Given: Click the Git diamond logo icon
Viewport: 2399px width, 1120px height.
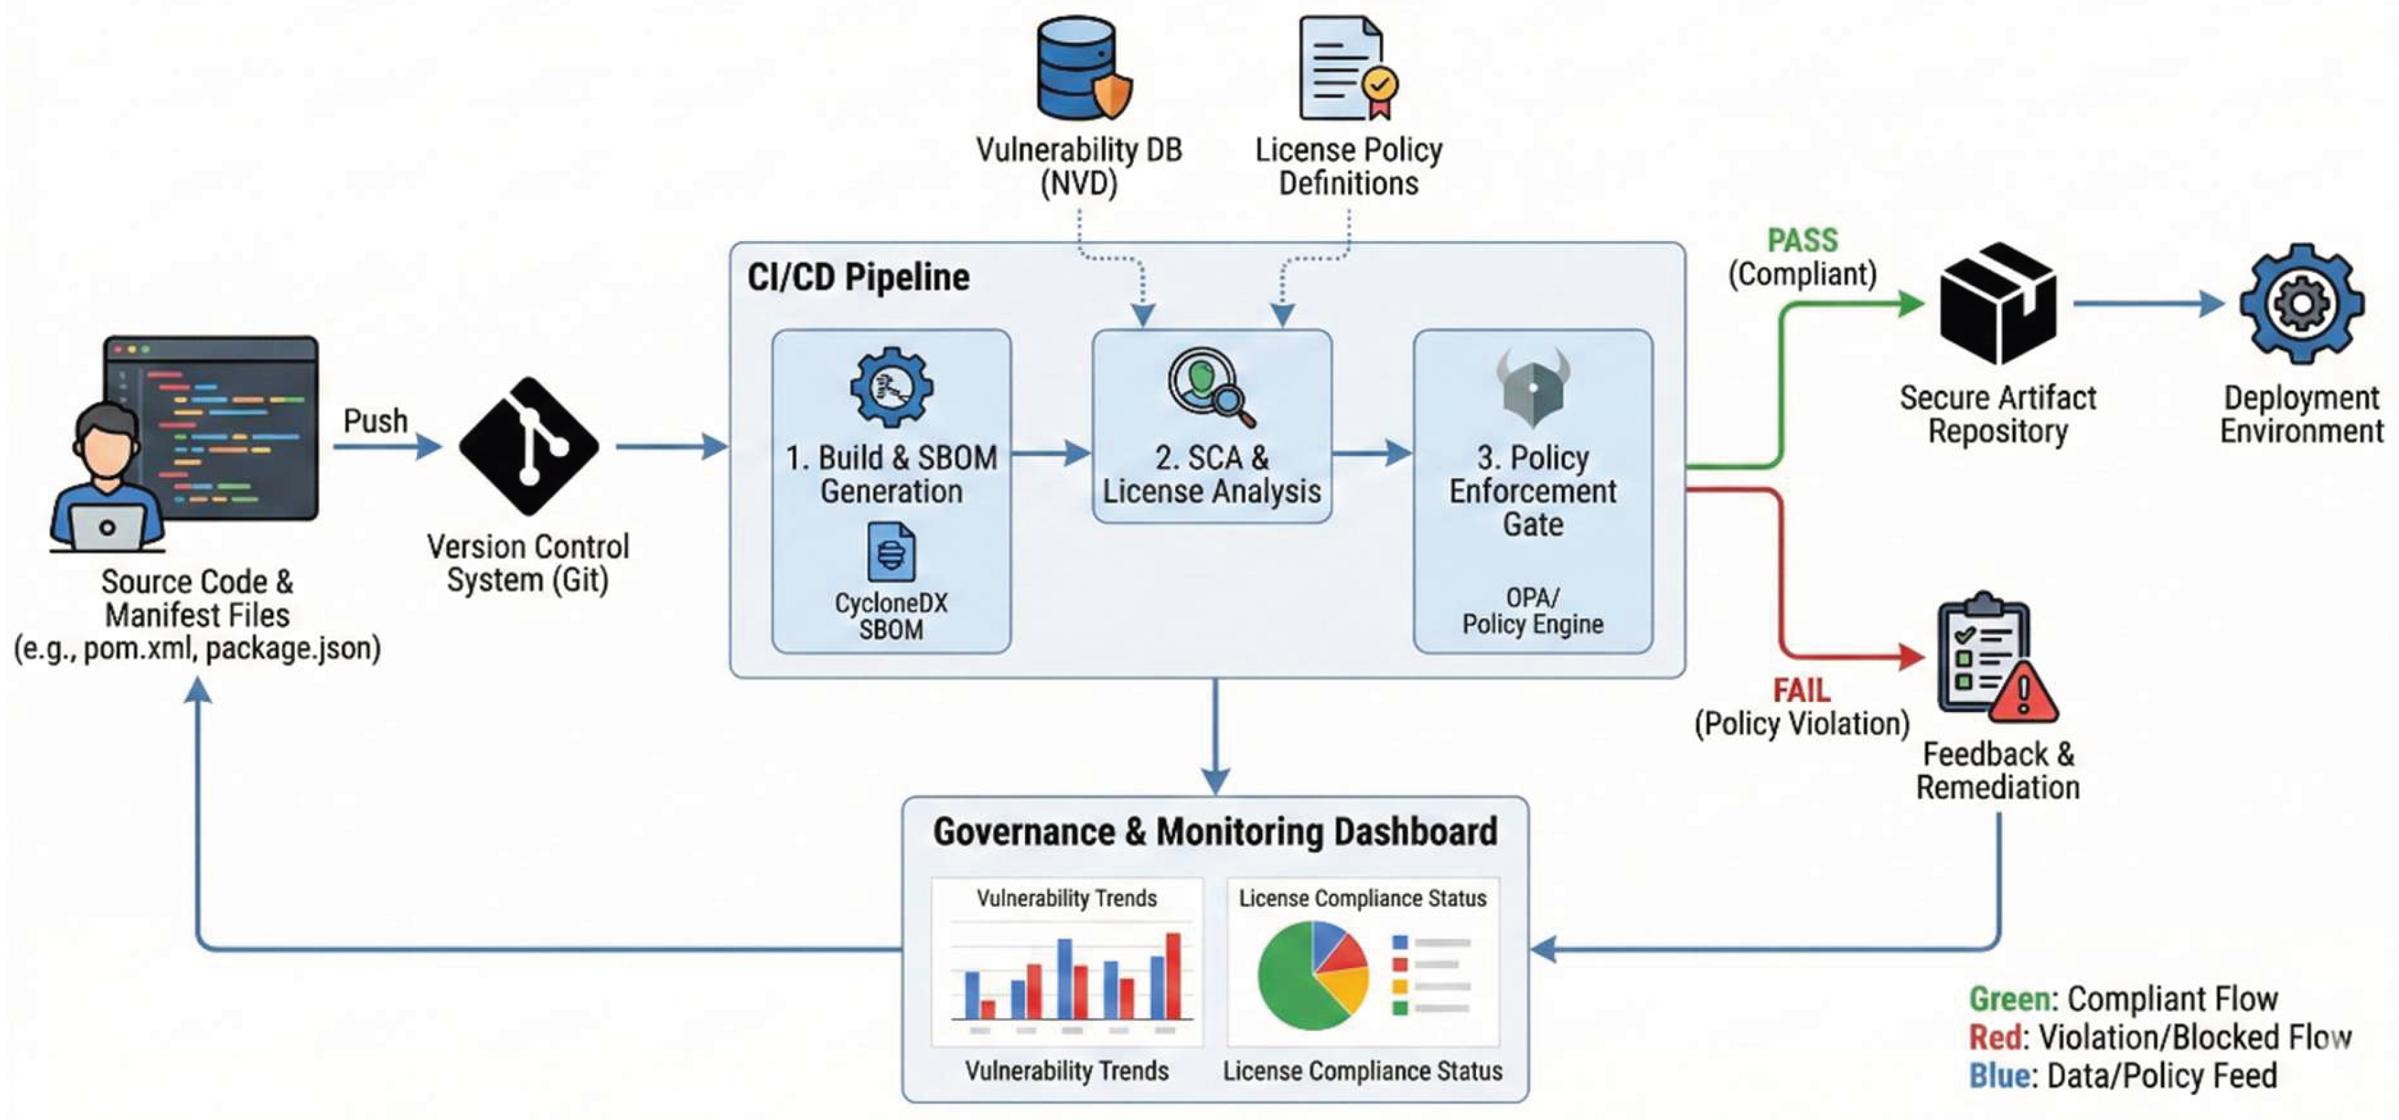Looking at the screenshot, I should click(x=529, y=445).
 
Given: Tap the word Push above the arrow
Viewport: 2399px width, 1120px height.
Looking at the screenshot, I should click(x=375, y=421).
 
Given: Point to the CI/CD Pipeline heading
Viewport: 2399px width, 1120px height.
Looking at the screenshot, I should click(x=858, y=277).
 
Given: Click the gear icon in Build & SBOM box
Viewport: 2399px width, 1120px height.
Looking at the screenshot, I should click(x=891, y=386).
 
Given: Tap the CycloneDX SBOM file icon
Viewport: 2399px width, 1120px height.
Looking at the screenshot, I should click(x=891, y=552).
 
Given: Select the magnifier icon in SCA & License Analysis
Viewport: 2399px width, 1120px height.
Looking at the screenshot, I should click(x=1210, y=386).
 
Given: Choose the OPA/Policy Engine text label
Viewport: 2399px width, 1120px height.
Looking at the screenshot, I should click(x=1533, y=611).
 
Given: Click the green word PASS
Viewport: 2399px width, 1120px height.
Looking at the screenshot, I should click(x=1802, y=240).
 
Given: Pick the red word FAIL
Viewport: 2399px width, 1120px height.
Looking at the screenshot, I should click(x=1801, y=690).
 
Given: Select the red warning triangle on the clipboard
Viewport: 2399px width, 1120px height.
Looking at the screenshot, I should click(x=2023, y=694).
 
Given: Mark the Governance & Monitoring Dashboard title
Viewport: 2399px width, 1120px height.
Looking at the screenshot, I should click(x=1214, y=831).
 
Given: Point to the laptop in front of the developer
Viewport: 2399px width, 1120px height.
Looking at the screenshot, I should click(x=107, y=528).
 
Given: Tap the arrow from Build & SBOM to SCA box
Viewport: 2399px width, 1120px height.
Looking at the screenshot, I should click(x=1050, y=454).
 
